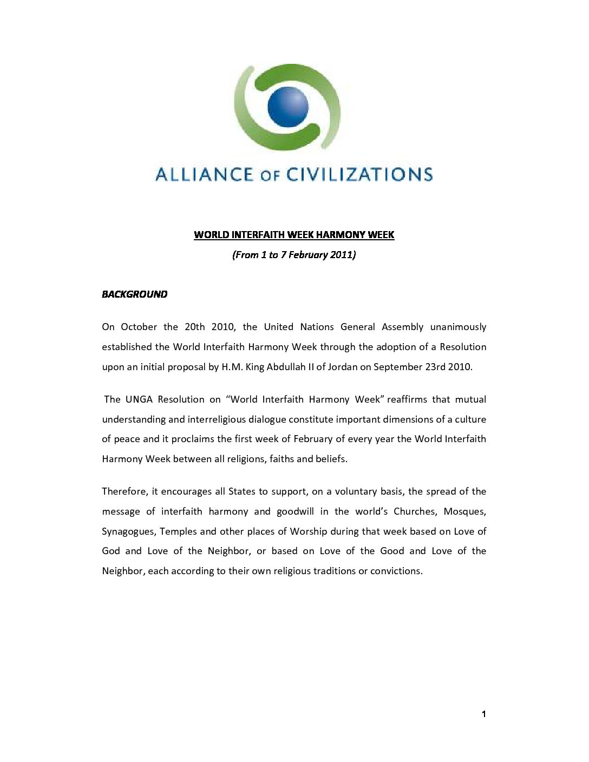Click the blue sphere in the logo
point(287,106)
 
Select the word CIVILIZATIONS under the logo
point(359,174)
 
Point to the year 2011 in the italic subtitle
point(341,255)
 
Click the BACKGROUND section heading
point(135,294)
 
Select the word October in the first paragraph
point(139,327)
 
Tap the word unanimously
point(458,327)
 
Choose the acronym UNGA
point(139,399)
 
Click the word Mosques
point(464,511)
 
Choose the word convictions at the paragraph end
point(396,571)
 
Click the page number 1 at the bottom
point(483,714)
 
